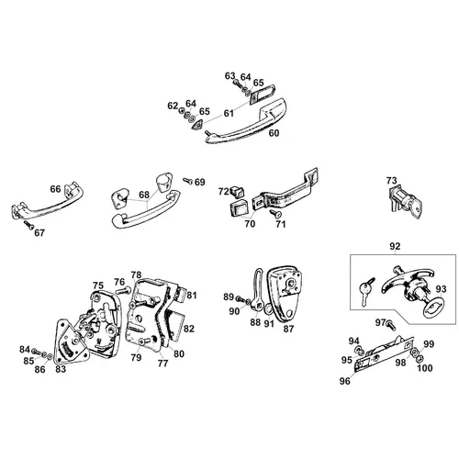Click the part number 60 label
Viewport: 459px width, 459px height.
[x=274, y=133]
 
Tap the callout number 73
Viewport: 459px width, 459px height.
[x=391, y=181]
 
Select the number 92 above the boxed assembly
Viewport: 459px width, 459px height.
[x=395, y=246]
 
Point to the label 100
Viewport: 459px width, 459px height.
[x=425, y=368]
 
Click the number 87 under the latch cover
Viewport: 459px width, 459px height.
[x=288, y=329]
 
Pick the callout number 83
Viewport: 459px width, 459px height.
[x=61, y=369]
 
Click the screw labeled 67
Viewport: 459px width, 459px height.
[x=29, y=225]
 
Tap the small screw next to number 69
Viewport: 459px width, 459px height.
[x=187, y=181]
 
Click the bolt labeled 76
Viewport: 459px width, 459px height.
[x=123, y=290]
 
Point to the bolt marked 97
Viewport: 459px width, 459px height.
[x=391, y=325]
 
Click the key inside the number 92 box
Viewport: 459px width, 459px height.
[x=365, y=290]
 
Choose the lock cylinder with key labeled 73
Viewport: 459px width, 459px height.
[x=404, y=200]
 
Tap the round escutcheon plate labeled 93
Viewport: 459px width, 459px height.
[x=434, y=306]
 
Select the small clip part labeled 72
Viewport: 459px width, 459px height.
[x=238, y=191]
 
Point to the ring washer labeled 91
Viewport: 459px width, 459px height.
[x=267, y=308]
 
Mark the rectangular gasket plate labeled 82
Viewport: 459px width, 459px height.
[x=174, y=324]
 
